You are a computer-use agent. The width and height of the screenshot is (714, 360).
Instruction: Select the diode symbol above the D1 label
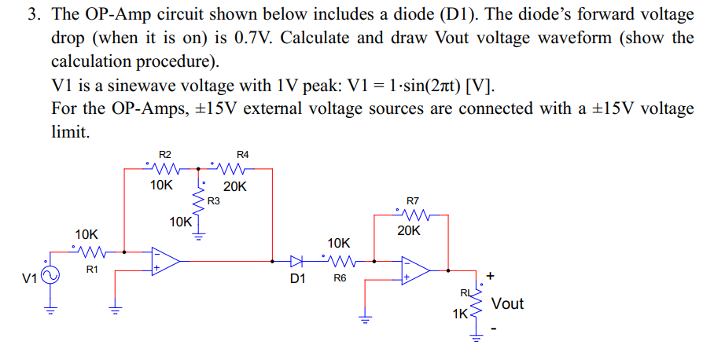[296, 261]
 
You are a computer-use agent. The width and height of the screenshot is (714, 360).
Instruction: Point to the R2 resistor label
[165, 155]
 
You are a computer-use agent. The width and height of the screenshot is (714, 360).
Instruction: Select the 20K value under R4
[235, 187]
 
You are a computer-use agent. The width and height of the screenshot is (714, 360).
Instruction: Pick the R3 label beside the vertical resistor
[213, 201]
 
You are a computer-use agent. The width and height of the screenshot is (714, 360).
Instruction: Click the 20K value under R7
[409, 231]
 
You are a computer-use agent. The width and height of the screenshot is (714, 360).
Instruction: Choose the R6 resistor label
[340, 278]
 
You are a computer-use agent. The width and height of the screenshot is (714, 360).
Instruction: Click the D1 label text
[297, 278]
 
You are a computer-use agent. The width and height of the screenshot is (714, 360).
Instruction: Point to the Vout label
[507, 304]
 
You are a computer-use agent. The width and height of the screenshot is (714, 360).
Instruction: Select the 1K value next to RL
[459, 314]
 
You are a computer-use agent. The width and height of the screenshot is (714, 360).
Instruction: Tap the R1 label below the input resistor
[91, 270]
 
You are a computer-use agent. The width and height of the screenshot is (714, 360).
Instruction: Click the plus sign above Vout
[491, 277]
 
